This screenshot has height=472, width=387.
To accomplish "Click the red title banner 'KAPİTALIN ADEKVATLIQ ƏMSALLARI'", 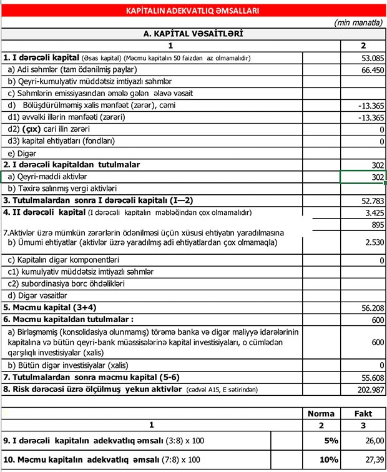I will click(193, 11).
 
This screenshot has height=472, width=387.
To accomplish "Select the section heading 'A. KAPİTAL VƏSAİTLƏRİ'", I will click(193, 34).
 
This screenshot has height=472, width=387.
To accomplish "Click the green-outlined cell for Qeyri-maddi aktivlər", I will click(363, 177).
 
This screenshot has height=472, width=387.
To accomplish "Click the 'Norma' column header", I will click(321, 413).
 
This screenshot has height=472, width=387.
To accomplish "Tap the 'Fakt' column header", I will click(363, 413).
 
